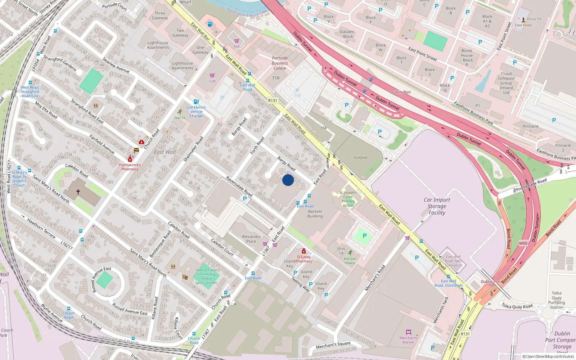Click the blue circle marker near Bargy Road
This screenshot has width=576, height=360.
[288, 180]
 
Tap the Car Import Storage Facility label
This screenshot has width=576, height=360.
[437, 206]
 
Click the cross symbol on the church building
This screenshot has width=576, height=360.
[78, 192]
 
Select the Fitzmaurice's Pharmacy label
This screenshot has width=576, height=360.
[130, 167]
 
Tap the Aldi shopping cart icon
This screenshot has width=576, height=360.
[237, 41]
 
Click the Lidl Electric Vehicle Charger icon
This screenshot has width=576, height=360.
[196, 102]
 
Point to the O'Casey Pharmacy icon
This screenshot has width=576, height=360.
[303, 251]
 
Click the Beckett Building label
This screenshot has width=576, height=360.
[315, 214]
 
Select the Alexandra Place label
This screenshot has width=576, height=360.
[251, 239]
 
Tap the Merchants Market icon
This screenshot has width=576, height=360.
[408, 332]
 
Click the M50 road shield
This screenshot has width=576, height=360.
[523, 243]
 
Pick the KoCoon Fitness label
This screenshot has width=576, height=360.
[350, 261]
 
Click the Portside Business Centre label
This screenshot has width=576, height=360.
[280, 63]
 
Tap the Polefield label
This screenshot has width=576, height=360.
[360, 158]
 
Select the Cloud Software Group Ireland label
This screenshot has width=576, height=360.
[506, 83]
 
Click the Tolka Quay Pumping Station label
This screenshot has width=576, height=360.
[557, 300]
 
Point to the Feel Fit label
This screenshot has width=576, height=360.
[180, 118]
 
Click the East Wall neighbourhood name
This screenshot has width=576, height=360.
[165, 152]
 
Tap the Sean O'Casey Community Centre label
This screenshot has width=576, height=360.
[206, 276]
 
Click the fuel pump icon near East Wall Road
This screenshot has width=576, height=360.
[210, 24]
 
